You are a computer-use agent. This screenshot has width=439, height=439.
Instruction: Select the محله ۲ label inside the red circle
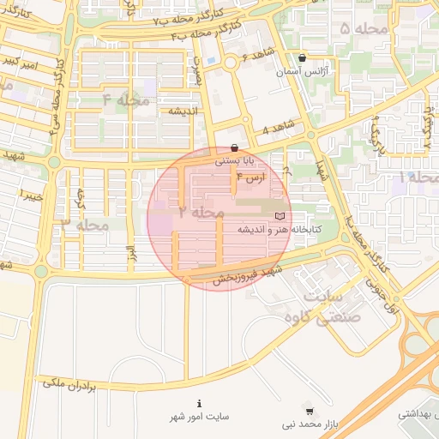(x=201, y=211)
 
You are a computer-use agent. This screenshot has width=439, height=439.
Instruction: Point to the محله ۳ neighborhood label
(x=83, y=224)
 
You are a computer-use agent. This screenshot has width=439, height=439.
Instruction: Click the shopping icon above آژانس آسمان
(x=301, y=58)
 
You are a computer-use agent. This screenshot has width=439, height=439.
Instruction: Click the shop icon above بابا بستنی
(x=234, y=147)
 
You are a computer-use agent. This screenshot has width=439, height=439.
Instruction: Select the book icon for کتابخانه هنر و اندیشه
(x=280, y=216)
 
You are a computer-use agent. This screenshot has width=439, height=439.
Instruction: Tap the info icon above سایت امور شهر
(x=200, y=403)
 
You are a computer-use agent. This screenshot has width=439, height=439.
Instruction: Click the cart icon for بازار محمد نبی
(x=309, y=411)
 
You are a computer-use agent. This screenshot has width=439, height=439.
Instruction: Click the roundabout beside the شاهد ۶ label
(x=230, y=63)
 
